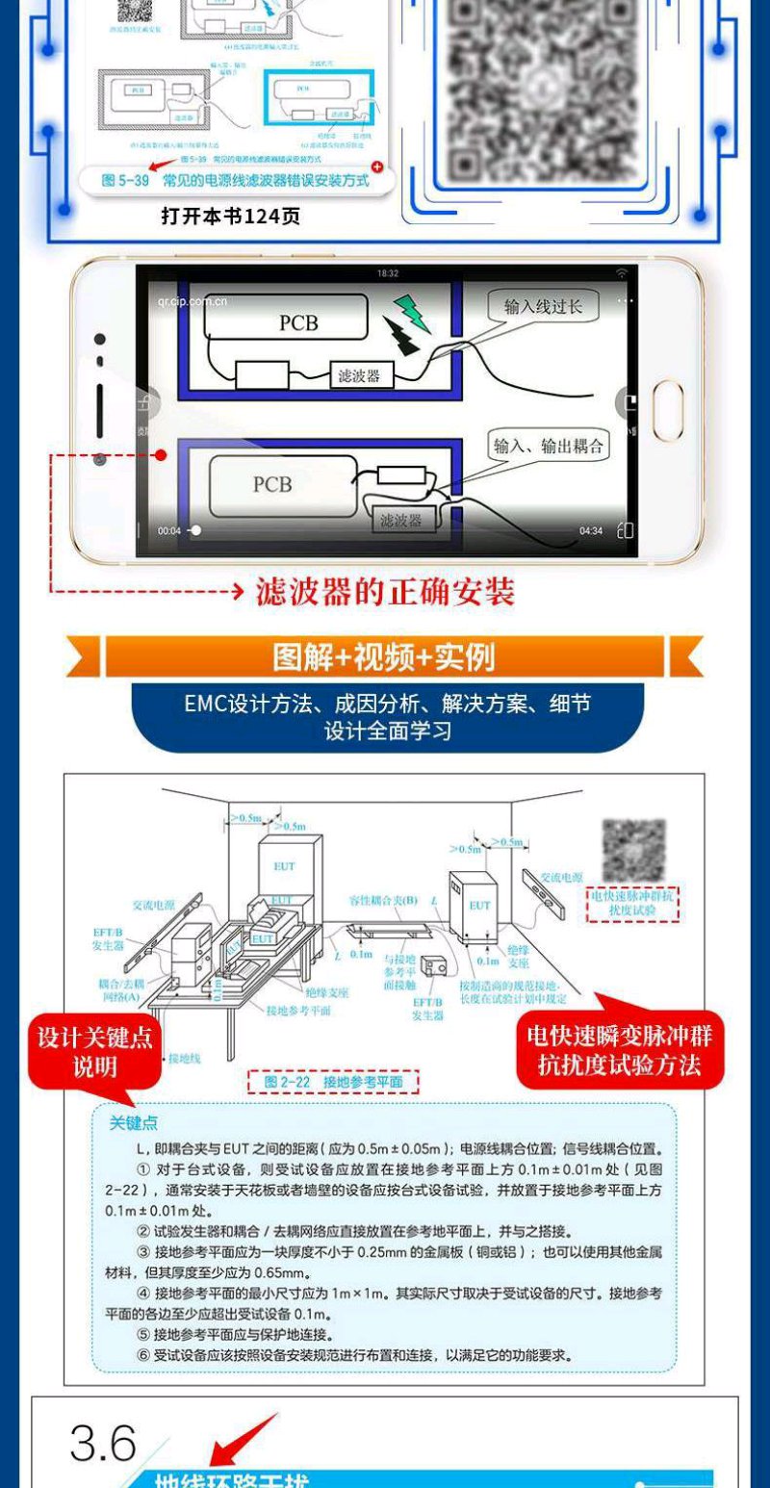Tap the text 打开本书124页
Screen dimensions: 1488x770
230,217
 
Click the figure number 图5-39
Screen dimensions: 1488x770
126,180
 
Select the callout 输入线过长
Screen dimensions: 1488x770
543,306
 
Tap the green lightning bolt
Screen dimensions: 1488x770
411,314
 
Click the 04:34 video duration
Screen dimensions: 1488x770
590,530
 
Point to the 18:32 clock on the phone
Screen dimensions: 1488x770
388,273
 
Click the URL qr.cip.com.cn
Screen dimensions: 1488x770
192,301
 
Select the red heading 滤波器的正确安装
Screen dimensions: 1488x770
384,591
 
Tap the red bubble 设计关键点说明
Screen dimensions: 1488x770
94,1052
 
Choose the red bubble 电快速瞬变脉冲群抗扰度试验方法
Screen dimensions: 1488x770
620,1050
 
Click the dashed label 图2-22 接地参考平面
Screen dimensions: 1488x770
333,1082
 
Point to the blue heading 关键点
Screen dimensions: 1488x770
134,1123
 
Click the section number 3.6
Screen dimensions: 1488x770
103,1443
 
